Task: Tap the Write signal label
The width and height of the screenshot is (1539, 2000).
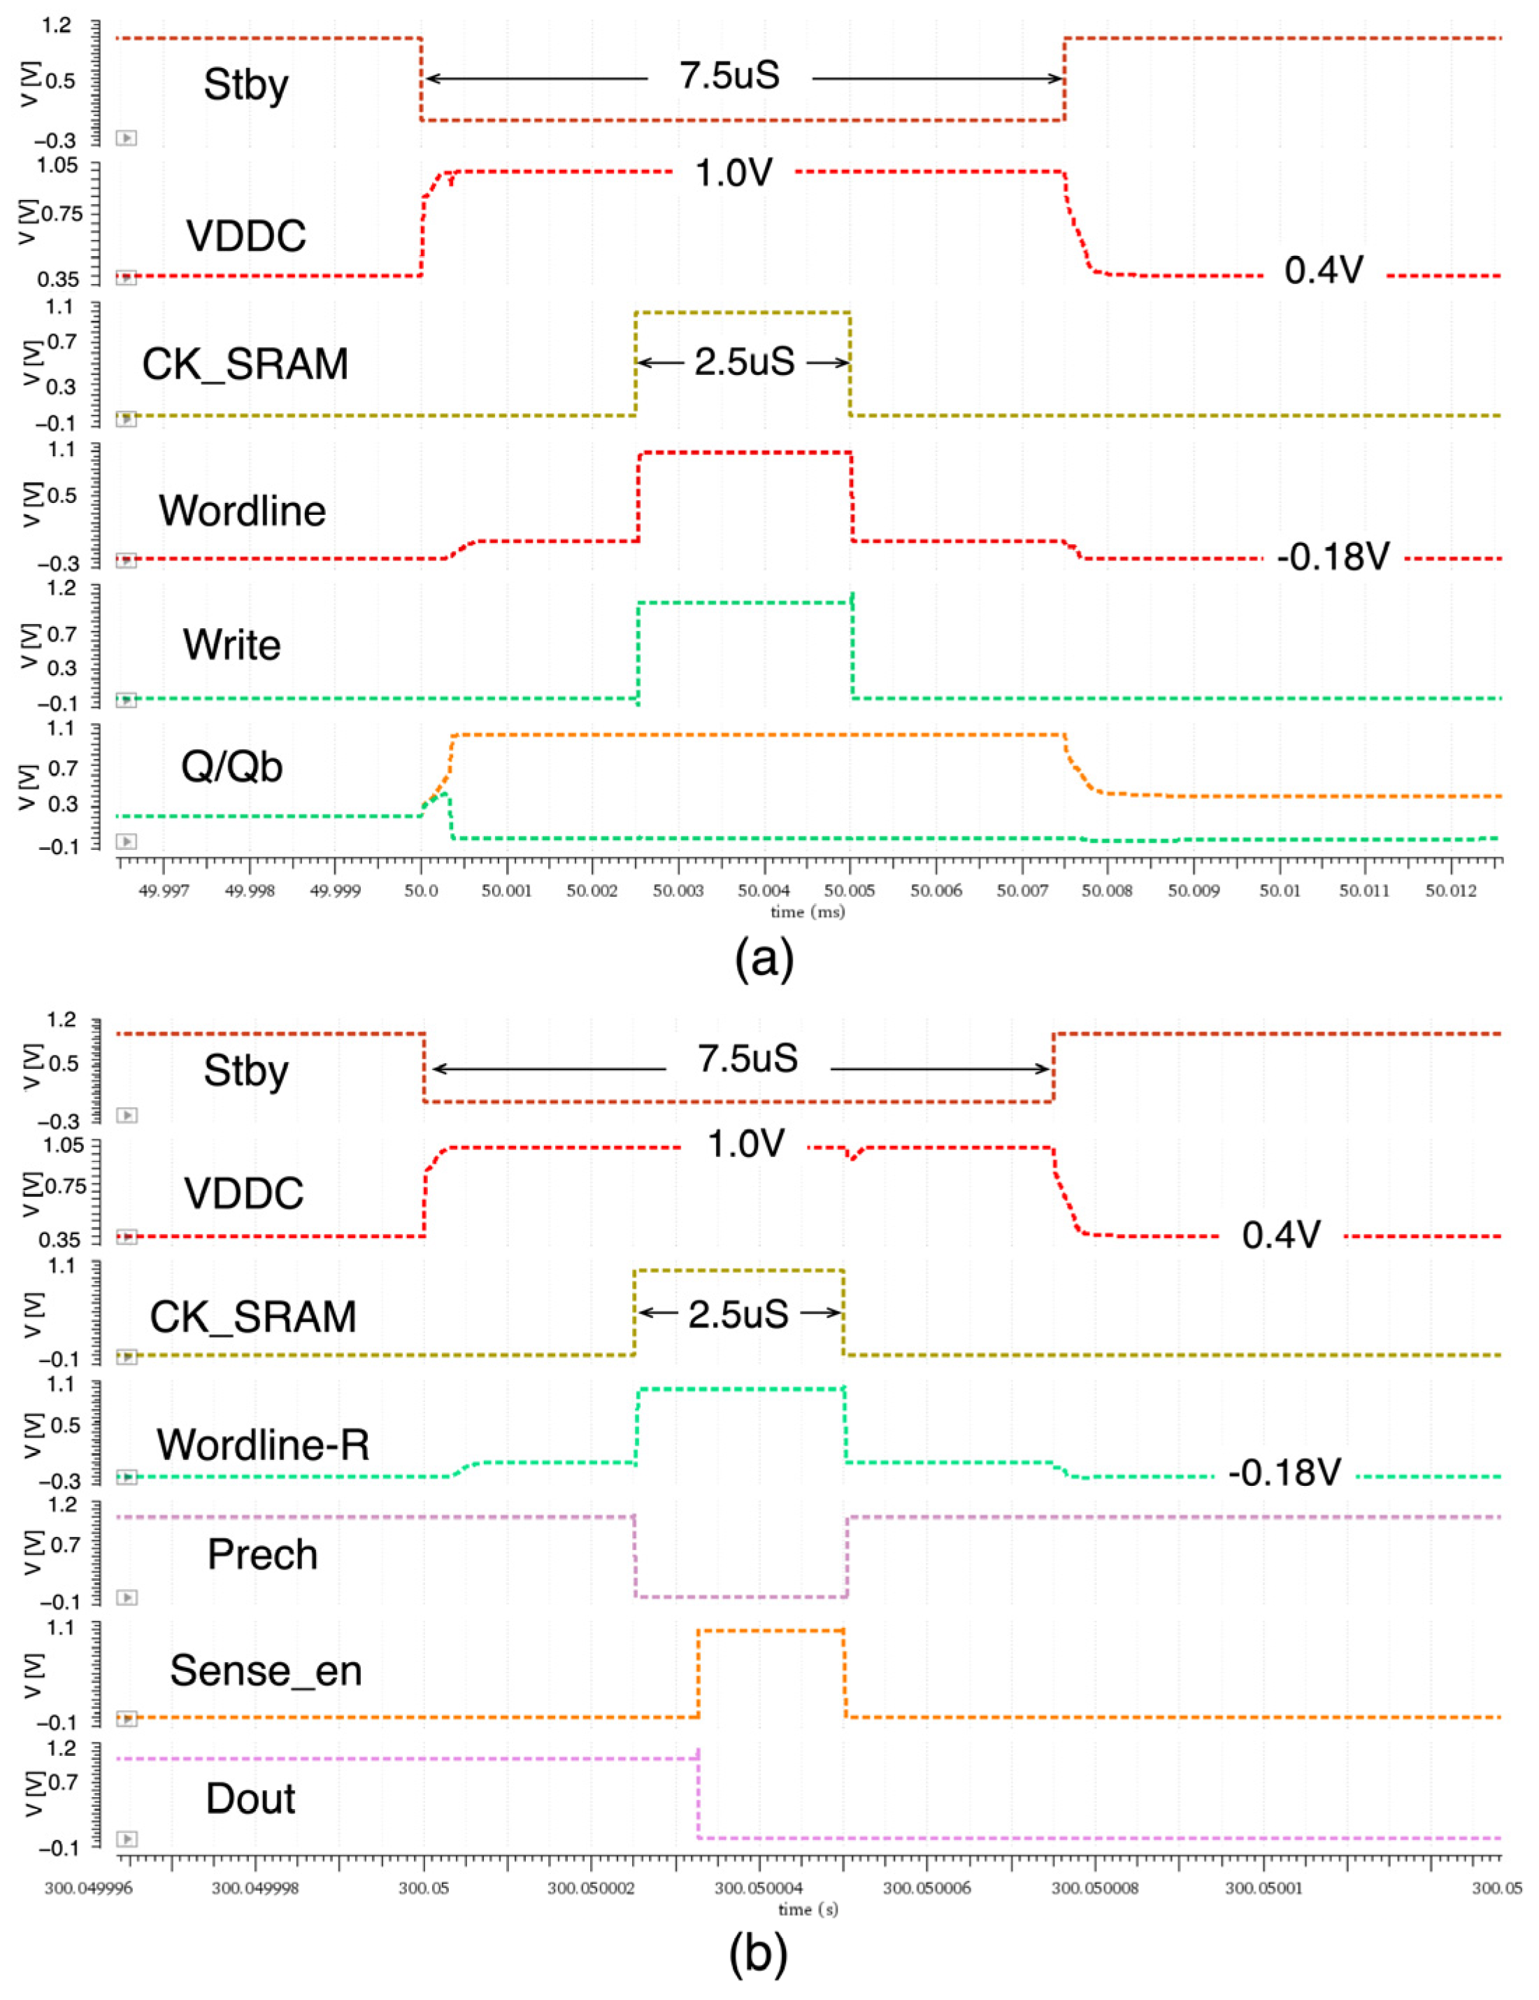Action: pos(231,645)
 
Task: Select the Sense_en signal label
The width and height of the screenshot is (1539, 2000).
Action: pos(266,1671)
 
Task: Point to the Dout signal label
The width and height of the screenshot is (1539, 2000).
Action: pos(250,1799)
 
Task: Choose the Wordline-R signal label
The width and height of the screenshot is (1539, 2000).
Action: pos(263,1444)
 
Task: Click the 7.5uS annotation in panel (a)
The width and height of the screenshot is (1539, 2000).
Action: pos(730,75)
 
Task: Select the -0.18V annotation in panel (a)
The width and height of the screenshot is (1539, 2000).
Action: pos(1333,556)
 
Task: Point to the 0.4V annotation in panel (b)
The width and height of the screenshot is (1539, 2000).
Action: pos(1281,1235)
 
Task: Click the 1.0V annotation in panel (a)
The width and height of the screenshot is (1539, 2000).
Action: pos(733,171)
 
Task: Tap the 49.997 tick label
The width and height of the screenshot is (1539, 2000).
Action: pos(163,890)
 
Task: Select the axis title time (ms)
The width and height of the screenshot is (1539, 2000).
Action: pos(807,912)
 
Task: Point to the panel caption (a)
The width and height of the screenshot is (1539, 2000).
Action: pos(764,959)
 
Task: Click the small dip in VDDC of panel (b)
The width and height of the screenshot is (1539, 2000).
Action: pos(853,1158)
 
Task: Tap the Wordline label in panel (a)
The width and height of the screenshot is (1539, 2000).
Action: pos(242,510)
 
